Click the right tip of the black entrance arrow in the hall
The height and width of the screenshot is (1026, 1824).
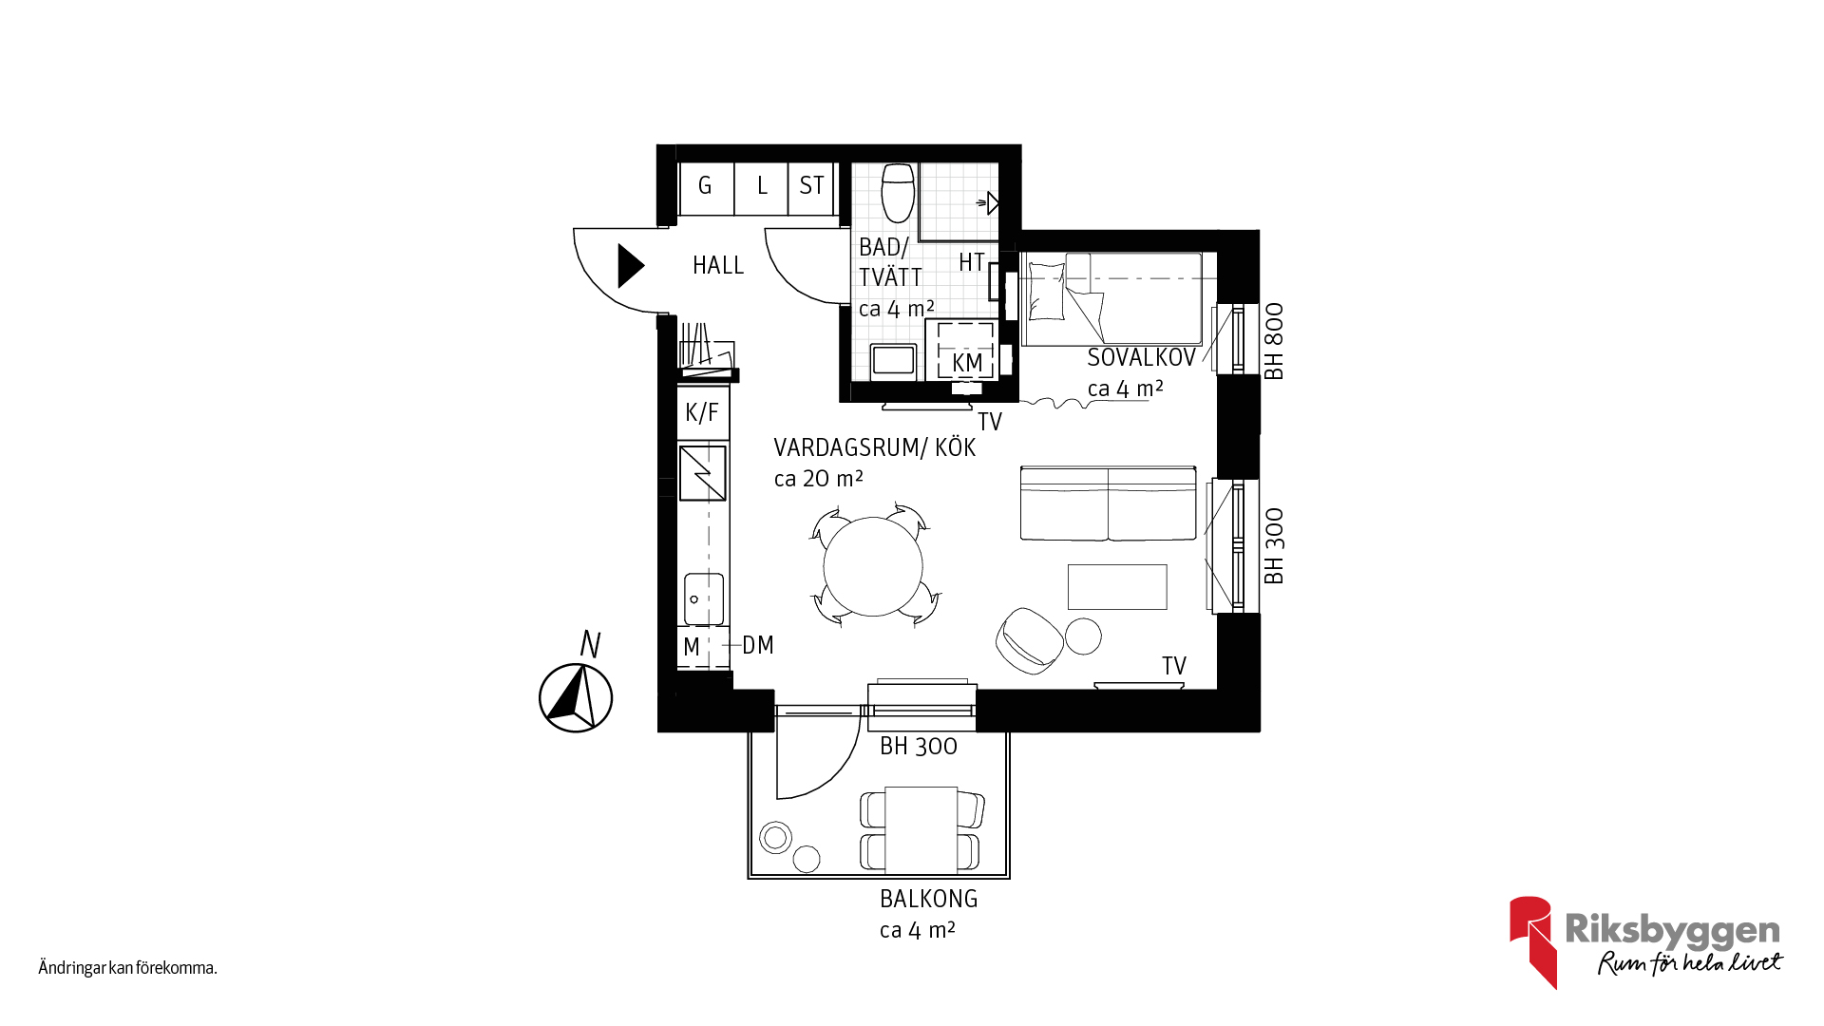coord(645,266)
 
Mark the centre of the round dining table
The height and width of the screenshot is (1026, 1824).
coord(873,566)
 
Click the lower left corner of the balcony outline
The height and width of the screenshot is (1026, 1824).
coord(749,879)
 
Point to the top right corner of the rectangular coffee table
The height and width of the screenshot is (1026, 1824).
coord(1167,564)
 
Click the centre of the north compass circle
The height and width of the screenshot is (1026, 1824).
coord(576,698)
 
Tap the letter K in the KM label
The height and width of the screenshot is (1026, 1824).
coord(959,363)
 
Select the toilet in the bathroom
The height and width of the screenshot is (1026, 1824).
coord(898,193)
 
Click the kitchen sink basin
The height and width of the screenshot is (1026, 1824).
coord(703,598)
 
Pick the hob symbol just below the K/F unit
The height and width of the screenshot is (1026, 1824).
coord(703,473)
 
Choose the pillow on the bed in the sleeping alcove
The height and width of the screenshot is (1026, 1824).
coord(1047,291)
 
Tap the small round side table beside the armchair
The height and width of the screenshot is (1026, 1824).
coord(1083,636)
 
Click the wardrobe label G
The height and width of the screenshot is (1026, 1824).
coord(705,185)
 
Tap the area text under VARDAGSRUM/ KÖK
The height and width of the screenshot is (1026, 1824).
coord(818,479)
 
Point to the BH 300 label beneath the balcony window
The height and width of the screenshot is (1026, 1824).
coord(918,747)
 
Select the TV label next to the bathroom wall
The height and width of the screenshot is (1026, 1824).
coord(990,422)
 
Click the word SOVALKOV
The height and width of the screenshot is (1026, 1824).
coord(1141,358)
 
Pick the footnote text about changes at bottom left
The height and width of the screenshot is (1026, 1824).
coord(128,968)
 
